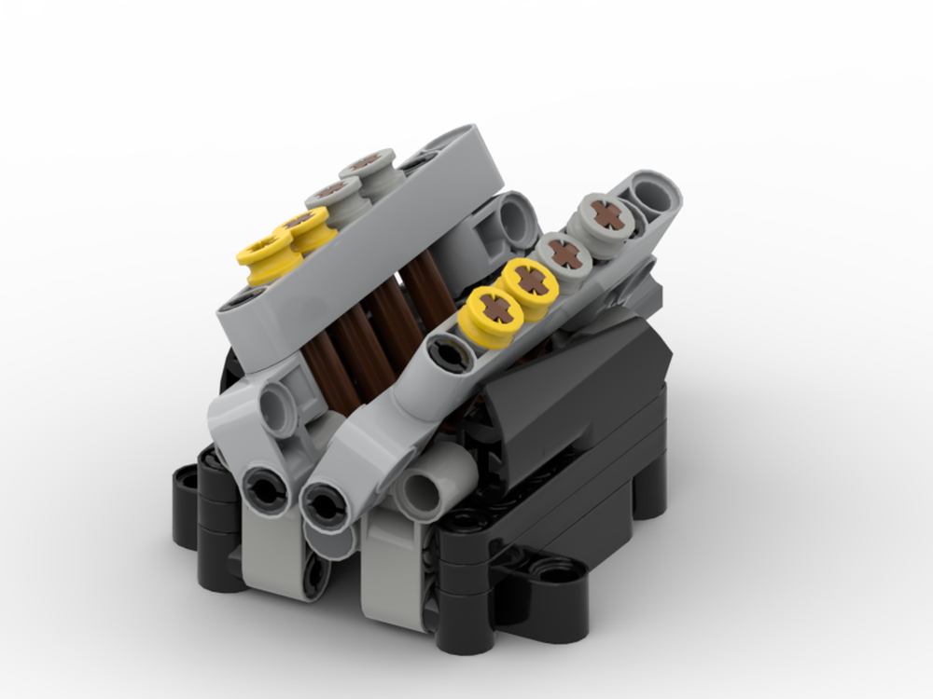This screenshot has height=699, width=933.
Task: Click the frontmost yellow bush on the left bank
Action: tap(265, 253)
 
